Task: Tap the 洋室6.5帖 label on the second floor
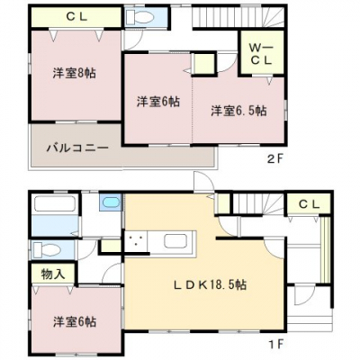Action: coord(238,111)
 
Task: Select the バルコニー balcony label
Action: coord(78,146)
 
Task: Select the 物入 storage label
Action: coord(52,273)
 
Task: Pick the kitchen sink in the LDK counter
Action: coord(175,242)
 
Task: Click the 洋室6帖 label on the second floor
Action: coord(157,101)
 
